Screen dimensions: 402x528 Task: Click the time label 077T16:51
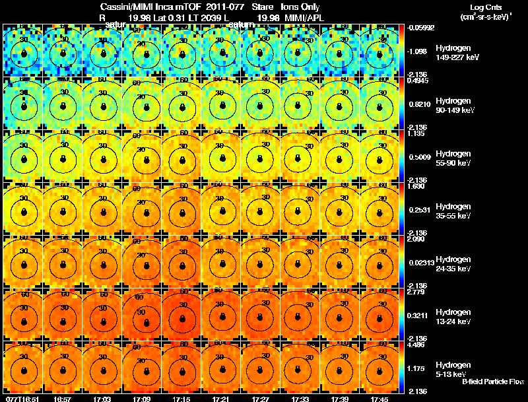pyautogui.click(x=21, y=399)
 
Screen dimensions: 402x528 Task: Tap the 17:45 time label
pyautogui.click(x=379, y=399)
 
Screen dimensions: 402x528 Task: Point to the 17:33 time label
pyautogui.click(x=300, y=399)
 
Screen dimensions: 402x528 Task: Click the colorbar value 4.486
pyautogui.click(x=417, y=344)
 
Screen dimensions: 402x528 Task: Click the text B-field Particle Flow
pyautogui.click(x=492, y=382)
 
